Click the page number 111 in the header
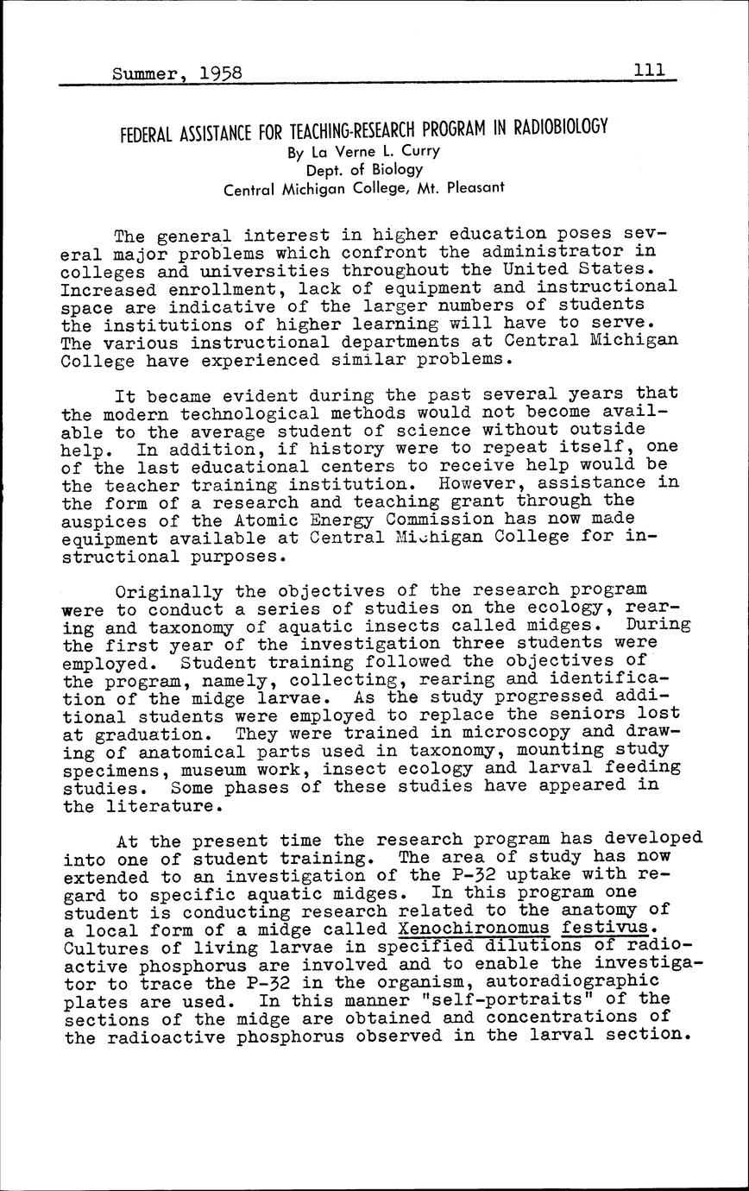pos(649,70)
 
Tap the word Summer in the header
pos(145,74)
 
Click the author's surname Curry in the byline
pos(420,151)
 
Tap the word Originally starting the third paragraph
pos(164,591)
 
